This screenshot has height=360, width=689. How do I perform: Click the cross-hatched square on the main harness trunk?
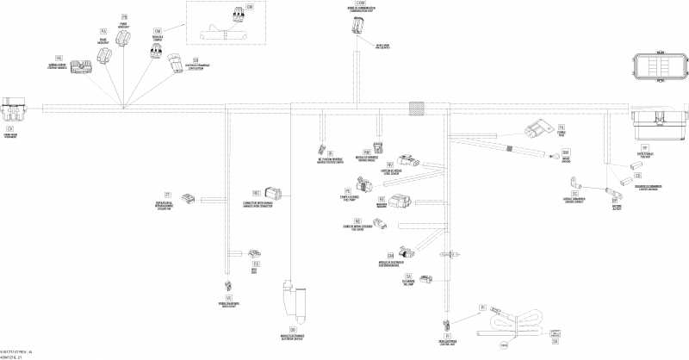pos(417,109)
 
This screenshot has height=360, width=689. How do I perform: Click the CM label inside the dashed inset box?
pos(251,7)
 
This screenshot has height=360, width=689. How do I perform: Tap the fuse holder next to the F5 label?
pos(538,132)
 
